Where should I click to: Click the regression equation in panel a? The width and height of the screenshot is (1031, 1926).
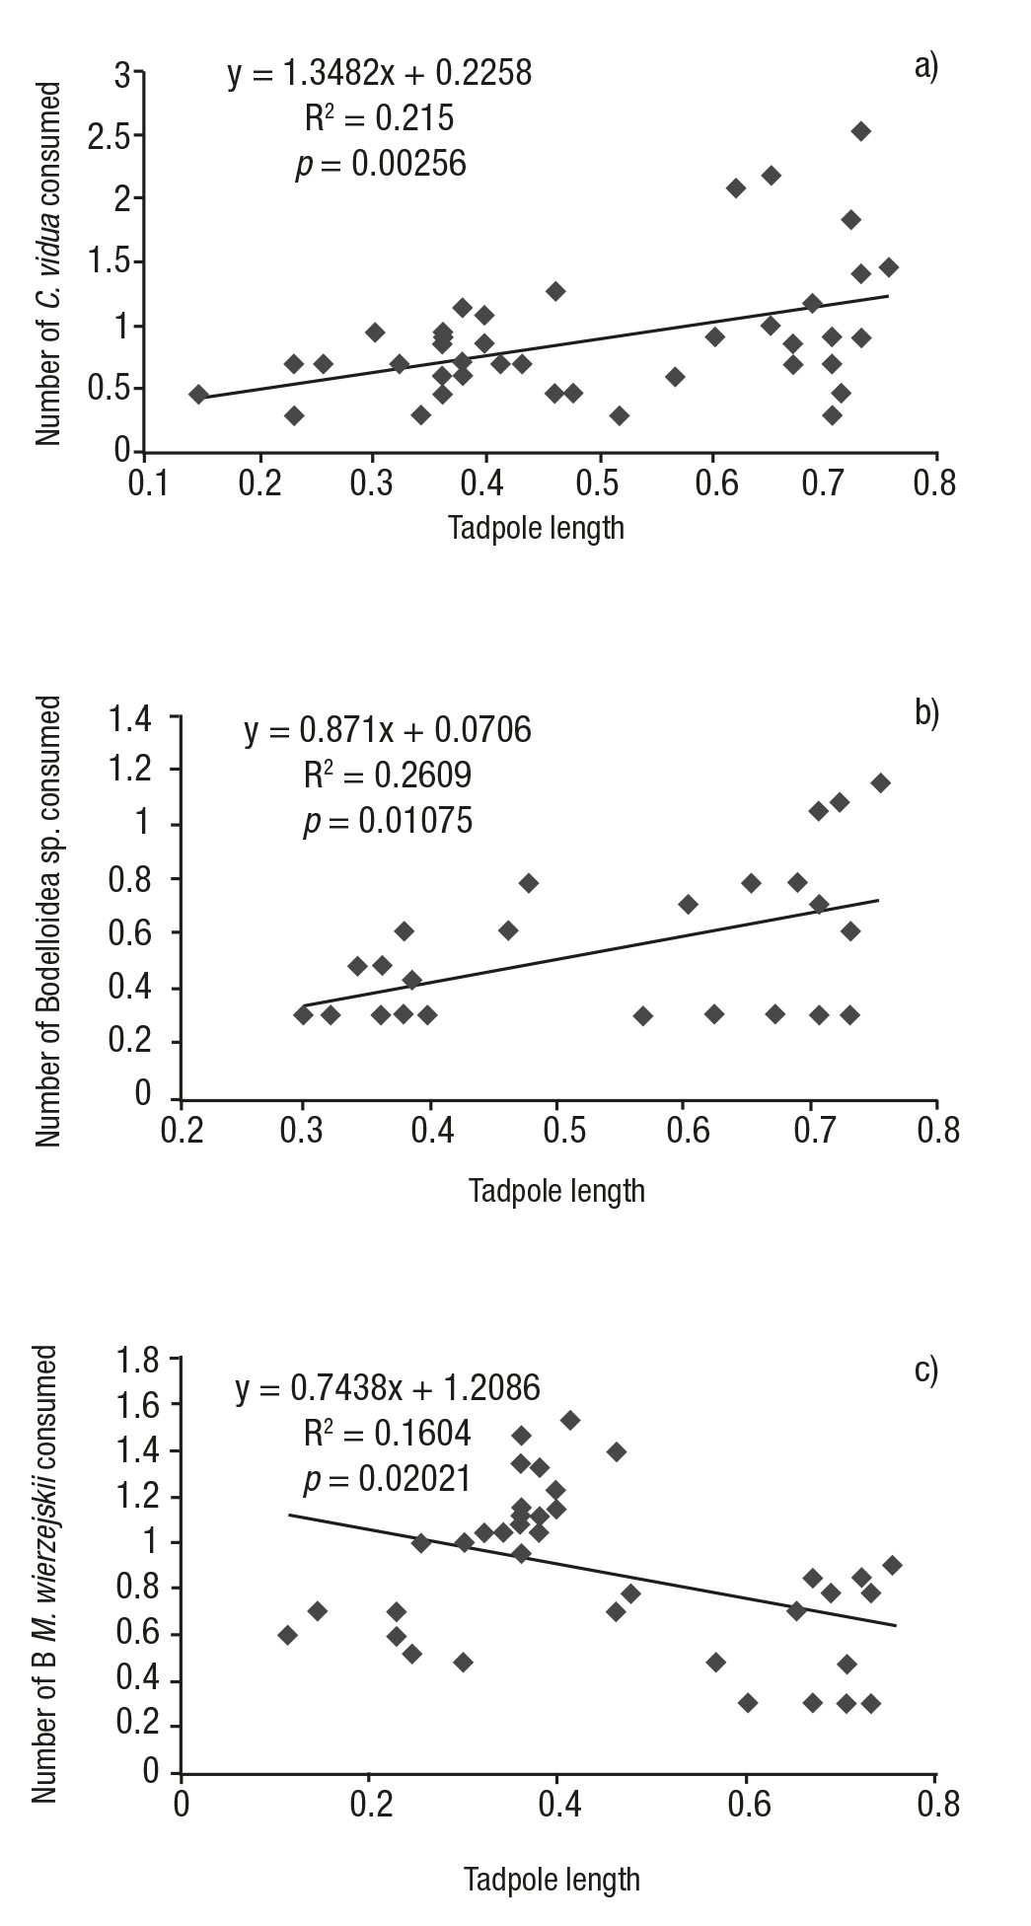coord(380,73)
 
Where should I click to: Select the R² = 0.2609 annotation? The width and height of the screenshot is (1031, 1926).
coord(387,776)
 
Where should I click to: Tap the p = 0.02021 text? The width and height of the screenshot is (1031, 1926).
coord(387,1480)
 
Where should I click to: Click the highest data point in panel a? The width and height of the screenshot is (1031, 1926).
coord(861,131)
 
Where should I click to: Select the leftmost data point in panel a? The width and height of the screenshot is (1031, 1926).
coord(198,395)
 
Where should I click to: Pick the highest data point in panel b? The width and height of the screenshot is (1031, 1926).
coord(880,782)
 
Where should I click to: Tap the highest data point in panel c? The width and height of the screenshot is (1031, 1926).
coord(569,1420)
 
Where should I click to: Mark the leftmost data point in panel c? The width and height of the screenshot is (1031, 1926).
coord(287,1635)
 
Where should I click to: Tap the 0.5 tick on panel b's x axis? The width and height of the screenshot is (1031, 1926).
coord(557,1131)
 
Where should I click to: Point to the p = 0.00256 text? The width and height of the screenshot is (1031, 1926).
coord(381,164)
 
